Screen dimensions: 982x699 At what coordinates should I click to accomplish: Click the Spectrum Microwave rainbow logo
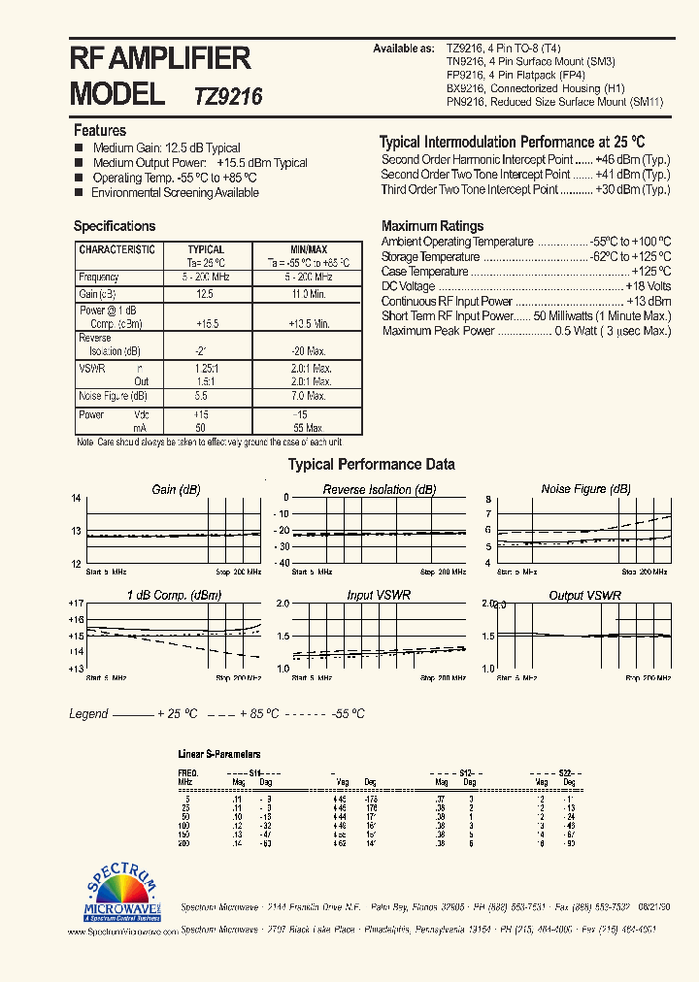120,891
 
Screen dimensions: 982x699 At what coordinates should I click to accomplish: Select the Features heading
100,130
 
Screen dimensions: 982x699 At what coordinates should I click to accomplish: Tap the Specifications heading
115,226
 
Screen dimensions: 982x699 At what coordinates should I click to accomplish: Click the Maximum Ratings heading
432,226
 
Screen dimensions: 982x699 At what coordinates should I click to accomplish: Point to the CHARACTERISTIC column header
116,249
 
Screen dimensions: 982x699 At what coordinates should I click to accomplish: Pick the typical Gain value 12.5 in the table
204,293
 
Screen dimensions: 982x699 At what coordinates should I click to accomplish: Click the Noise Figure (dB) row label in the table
113,396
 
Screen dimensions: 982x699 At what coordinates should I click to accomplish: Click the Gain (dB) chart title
177,490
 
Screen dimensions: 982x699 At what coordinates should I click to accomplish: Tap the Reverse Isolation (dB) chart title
380,490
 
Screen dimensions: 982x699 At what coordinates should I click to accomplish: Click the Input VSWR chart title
379,595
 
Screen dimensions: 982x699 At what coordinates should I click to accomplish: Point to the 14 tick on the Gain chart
76,499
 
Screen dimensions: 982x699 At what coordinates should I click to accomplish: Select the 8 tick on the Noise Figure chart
489,499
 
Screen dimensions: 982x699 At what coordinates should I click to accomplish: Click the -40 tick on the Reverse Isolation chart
283,563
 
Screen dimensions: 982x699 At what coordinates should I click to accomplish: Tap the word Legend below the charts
88,713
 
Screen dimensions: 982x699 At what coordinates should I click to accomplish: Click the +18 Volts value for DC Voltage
648,287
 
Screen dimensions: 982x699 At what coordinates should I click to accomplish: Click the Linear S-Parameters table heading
219,754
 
